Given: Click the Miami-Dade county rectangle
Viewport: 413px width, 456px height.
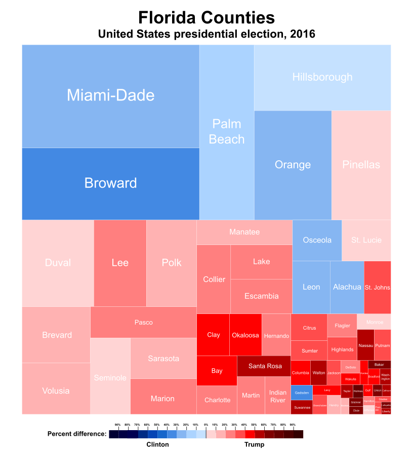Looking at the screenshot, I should tap(110, 96).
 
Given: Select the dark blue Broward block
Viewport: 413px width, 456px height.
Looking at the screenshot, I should tap(110, 183).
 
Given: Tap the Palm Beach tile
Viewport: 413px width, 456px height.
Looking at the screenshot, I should tap(226, 132).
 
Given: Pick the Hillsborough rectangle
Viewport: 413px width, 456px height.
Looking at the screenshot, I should tap(322, 77).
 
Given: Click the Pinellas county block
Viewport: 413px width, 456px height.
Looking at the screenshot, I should tap(361, 165).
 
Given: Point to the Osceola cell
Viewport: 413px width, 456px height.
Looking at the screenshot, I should tap(317, 240).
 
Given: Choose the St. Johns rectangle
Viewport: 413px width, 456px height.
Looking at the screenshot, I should tap(378, 288).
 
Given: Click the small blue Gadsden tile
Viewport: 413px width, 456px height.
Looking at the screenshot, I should tap(301, 393).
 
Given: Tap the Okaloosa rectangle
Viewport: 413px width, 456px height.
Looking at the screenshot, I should tap(245, 335).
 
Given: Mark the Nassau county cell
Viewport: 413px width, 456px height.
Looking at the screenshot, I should tap(365, 345).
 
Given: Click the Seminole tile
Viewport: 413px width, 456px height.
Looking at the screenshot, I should tap(110, 377).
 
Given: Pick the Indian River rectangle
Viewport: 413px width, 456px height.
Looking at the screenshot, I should tap(278, 396).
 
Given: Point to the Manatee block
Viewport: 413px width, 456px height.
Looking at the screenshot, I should tap(244, 232).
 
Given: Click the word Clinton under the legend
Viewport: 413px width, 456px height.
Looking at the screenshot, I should tap(157, 444).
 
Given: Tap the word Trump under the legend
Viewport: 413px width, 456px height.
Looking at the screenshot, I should tap(254, 444).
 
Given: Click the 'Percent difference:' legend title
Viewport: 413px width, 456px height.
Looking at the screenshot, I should tap(77, 434).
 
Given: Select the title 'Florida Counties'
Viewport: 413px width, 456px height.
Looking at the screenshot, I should tap(206, 18).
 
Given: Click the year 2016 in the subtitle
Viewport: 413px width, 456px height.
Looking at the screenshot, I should tap(303, 34).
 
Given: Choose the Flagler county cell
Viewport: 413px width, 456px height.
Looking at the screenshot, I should tap(342, 326).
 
